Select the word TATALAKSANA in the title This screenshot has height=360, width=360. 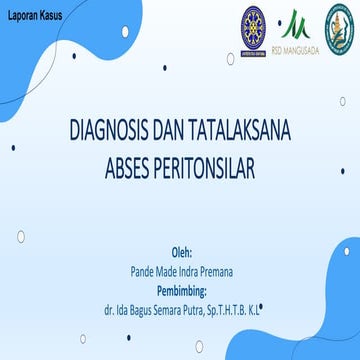click(232, 131)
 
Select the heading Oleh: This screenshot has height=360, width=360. click(181, 252)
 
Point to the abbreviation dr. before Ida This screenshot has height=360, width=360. click(109, 311)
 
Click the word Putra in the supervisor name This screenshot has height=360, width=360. click(203, 311)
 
